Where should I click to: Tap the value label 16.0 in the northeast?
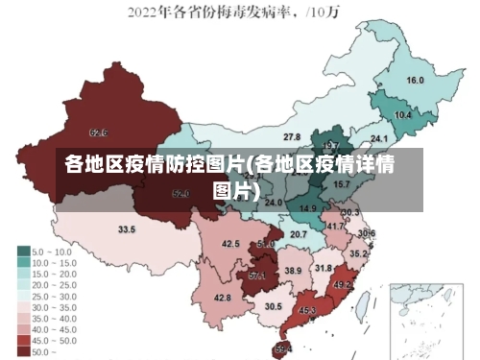[x=416, y=81]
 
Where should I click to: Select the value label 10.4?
[x=403, y=115]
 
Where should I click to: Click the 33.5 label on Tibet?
[x=127, y=230]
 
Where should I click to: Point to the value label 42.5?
[x=230, y=245]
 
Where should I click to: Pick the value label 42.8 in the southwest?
[x=222, y=299]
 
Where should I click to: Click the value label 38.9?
[x=293, y=272]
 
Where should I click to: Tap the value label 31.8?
[x=324, y=268]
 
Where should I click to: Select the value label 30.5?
[x=274, y=306]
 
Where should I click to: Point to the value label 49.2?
[x=343, y=285]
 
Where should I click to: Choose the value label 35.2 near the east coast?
[x=357, y=254]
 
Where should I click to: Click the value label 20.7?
[x=299, y=234]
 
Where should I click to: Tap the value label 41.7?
[x=335, y=227]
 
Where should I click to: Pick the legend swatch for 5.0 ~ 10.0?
[x=23, y=252]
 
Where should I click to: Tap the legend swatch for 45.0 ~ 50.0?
[x=23, y=341]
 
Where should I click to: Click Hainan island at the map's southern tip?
[x=282, y=348]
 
